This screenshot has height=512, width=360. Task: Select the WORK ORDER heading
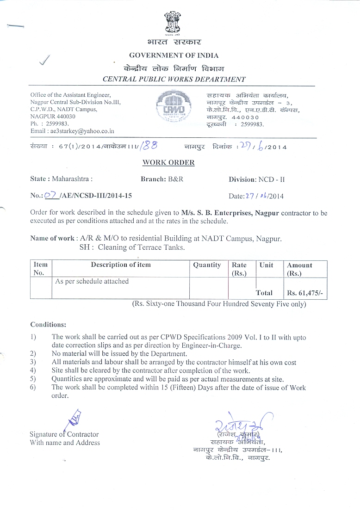pos(168,162)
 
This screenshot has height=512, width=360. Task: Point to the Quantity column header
pos(207,265)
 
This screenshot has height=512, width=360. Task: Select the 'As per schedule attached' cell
pos(92,281)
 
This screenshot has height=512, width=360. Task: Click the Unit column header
pos(266,265)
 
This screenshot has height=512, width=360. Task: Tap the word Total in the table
pos(264,293)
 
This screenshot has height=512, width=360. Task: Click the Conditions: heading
pos(48,324)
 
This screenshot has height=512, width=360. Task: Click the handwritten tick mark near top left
pos(45,60)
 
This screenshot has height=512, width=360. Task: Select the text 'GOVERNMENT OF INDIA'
pos(174,56)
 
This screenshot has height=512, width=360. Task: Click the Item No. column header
pos(41,269)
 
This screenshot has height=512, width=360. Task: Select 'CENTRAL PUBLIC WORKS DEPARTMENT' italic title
pos(174,79)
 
